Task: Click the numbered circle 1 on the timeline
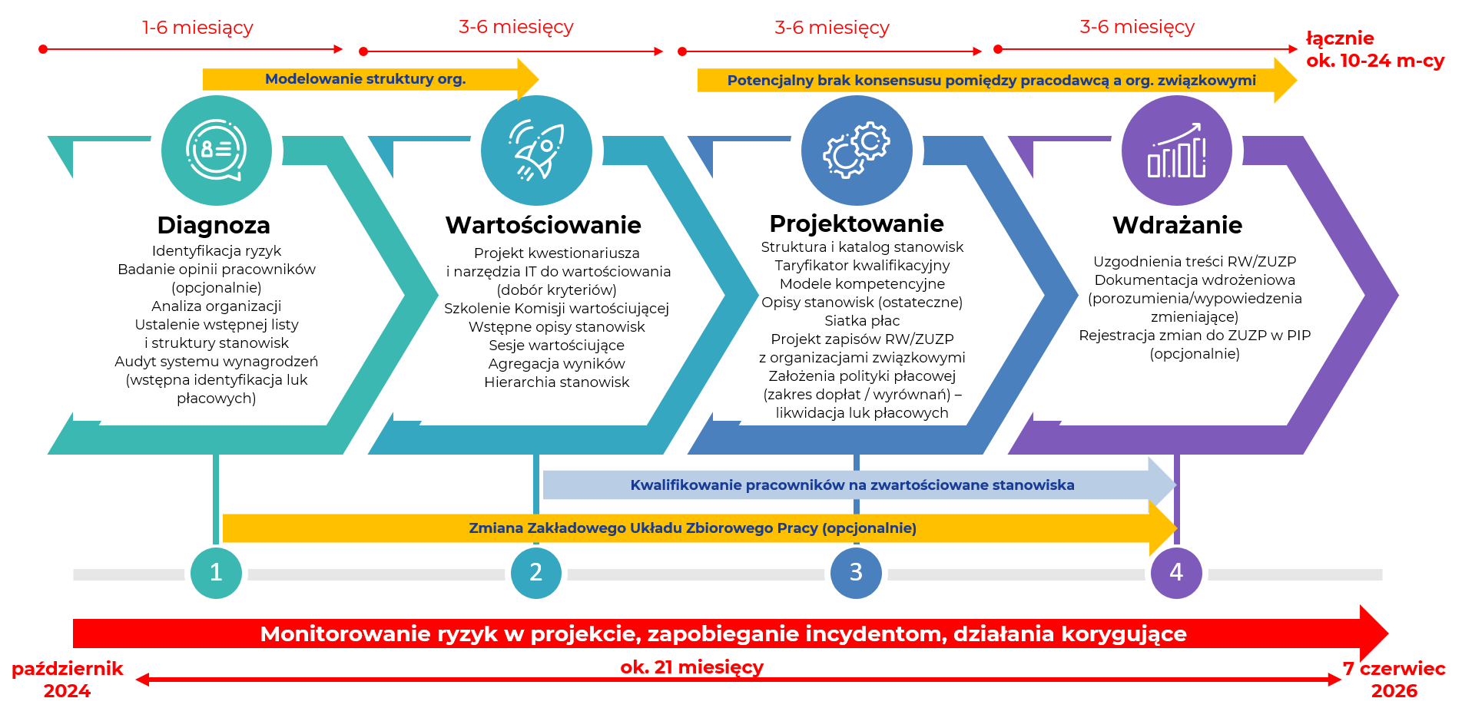click(x=216, y=573)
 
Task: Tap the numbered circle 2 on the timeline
click(x=536, y=573)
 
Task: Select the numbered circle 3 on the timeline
click(x=856, y=573)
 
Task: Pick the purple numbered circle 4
click(x=1176, y=573)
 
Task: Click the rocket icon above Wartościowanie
click(x=536, y=151)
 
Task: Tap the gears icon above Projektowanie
click(x=857, y=151)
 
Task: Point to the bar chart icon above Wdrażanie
click(x=1177, y=151)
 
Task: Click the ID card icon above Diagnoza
click(x=217, y=151)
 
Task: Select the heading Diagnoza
click(x=214, y=225)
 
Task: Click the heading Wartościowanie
click(x=543, y=225)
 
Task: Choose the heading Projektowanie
click(x=857, y=223)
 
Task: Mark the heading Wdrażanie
click(x=1177, y=225)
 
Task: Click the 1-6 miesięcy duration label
click(x=197, y=28)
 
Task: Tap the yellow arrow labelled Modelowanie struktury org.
click(x=370, y=79)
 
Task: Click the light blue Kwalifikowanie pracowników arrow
click(x=860, y=485)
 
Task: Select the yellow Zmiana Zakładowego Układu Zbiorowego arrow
click(x=700, y=528)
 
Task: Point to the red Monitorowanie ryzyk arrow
click(x=731, y=634)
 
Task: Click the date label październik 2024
click(x=67, y=680)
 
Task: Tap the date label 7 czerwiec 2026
click(x=1394, y=680)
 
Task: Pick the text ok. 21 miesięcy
click(x=692, y=667)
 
